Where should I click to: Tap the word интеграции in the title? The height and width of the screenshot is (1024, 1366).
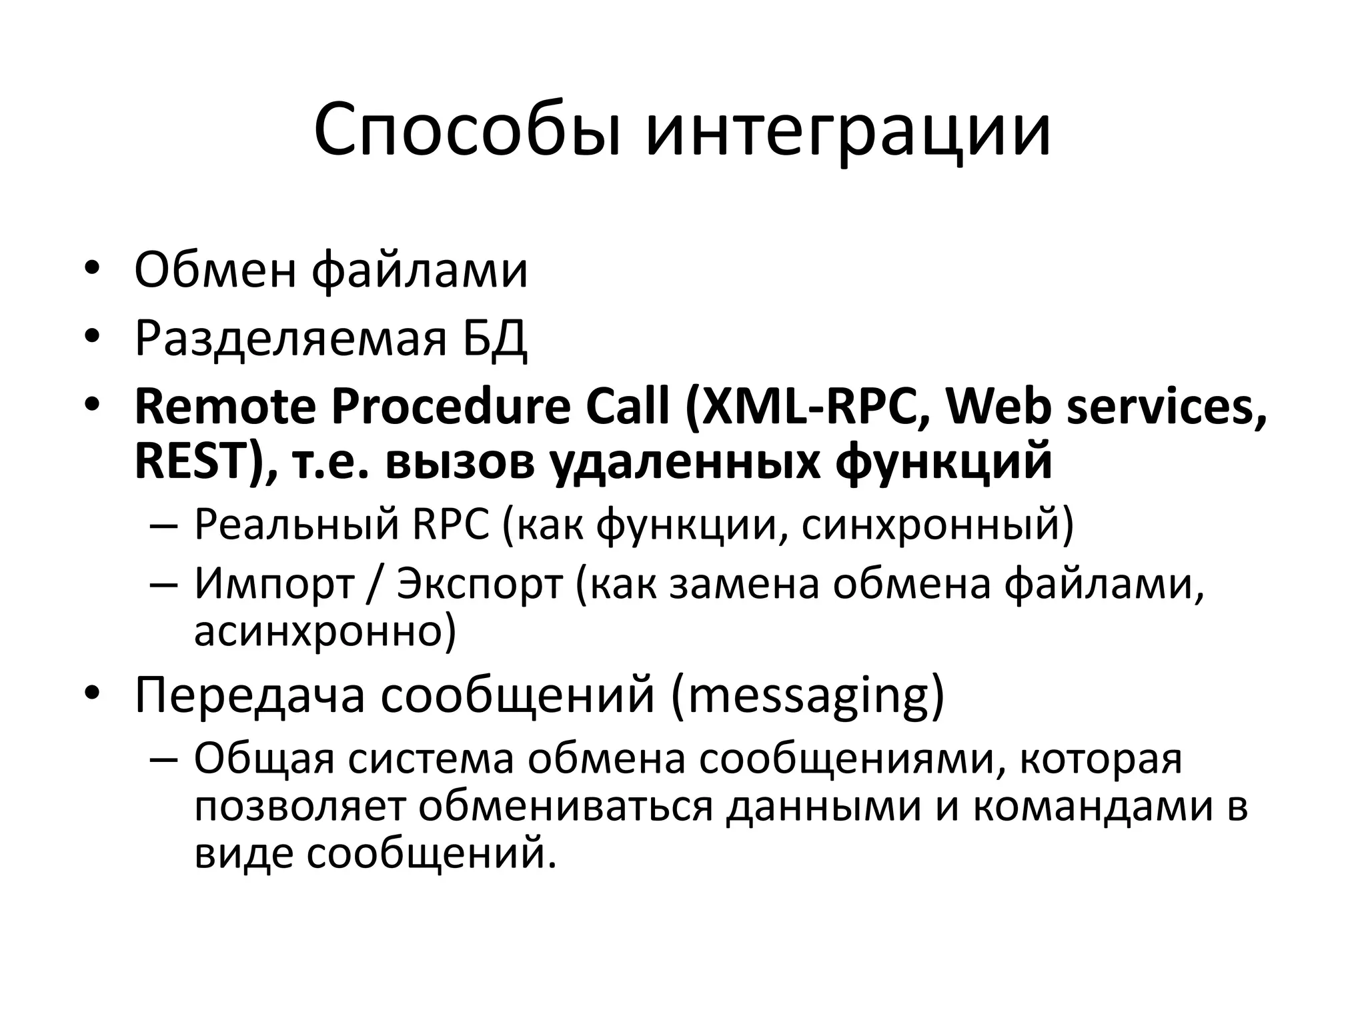848,130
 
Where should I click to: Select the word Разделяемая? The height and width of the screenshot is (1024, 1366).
290,338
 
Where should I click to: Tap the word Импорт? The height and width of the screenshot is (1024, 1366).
273,584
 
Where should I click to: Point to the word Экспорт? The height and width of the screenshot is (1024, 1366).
480,584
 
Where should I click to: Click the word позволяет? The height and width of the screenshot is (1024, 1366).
299,807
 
